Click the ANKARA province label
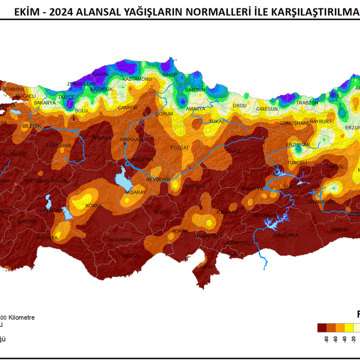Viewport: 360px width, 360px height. pos(102,137)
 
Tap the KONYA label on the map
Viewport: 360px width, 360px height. pos(93,206)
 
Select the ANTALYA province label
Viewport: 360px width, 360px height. pos(48,237)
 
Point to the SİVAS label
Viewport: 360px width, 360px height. pos(233,151)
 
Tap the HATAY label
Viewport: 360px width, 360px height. pos(208,266)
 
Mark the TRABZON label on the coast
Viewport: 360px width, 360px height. pos(308,103)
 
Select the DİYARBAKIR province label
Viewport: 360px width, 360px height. pos(321,201)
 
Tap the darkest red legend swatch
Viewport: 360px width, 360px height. pos(322,327)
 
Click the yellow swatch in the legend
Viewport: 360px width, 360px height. pos(349,327)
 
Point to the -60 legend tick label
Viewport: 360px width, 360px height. pos(336,339)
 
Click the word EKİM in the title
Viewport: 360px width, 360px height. pos(26,10)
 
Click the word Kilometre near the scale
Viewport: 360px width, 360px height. pos(22,317)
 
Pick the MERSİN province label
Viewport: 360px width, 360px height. pos(132,256)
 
